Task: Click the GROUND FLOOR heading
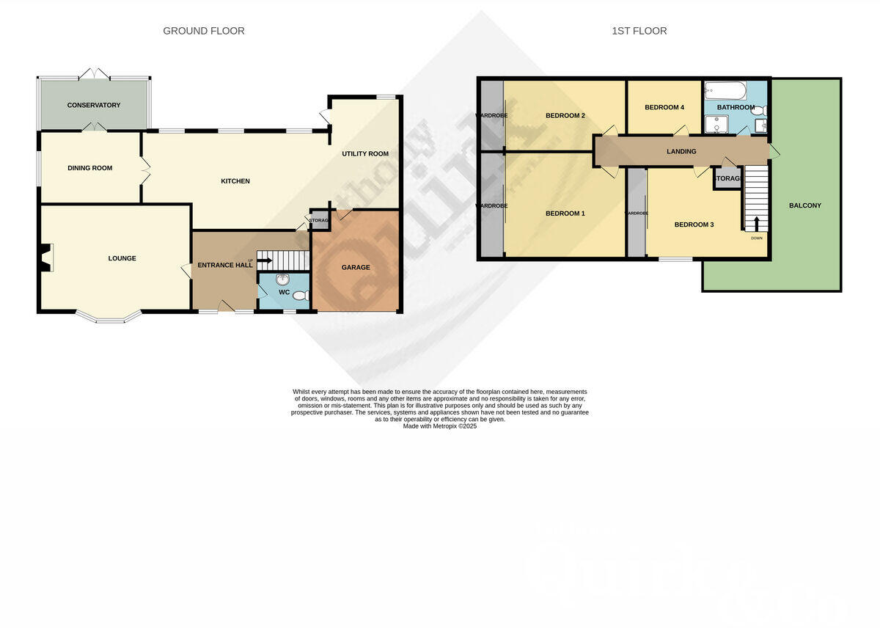(x=204, y=31)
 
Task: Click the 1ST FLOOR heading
(x=639, y=31)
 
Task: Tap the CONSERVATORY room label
(x=94, y=106)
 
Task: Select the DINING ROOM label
(x=90, y=168)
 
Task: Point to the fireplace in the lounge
(x=47, y=258)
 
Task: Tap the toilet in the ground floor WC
(x=300, y=295)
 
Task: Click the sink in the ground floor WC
(x=284, y=279)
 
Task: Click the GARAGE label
(x=356, y=268)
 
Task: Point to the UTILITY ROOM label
(x=365, y=154)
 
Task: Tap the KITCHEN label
(x=236, y=181)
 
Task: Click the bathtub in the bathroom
(x=725, y=92)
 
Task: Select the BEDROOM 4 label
(x=664, y=108)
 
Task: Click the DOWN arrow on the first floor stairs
(x=756, y=223)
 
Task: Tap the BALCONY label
(x=805, y=205)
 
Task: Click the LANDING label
(x=681, y=152)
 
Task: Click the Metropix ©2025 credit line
(x=440, y=426)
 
